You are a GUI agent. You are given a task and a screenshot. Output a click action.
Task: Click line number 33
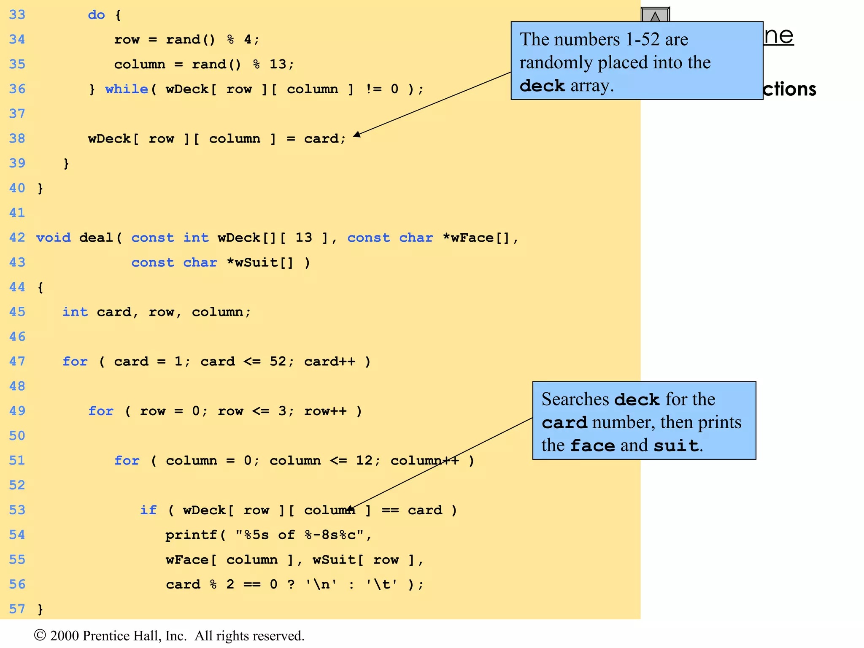pyautogui.click(x=17, y=15)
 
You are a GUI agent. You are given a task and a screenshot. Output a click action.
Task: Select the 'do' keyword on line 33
pyautogui.click(x=96, y=15)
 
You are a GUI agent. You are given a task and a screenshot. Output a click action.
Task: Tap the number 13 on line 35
pyautogui.click(x=278, y=64)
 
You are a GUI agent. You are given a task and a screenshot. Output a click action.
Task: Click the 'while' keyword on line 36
pyautogui.click(x=127, y=89)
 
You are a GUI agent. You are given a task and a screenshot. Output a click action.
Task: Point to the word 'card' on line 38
pyautogui.click(x=321, y=139)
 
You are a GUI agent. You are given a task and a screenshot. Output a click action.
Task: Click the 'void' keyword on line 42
pyautogui.click(x=53, y=238)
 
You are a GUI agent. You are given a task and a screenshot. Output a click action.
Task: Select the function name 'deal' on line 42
pyautogui.click(x=96, y=238)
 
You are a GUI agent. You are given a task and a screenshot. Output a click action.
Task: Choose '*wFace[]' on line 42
pyautogui.click(x=477, y=238)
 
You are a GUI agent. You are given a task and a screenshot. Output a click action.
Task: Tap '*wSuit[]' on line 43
pyautogui.click(x=260, y=262)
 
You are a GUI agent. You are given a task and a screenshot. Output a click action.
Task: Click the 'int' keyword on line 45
pyautogui.click(x=75, y=312)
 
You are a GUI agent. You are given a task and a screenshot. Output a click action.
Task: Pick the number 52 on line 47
pyautogui.click(x=278, y=362)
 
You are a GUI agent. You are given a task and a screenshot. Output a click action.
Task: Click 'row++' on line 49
pyautogui.click(x=325, y=411)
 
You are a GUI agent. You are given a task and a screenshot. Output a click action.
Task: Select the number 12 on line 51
pyautogui.click(x=364, y=460)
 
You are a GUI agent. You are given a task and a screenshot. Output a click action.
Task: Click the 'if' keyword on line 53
pyautogui.click(x=148, y=510)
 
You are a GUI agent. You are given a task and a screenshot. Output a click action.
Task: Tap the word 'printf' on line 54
pyautogui.click(x=191, y=535)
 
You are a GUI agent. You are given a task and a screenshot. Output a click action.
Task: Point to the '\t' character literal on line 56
pyautogui.click(x=381, y=584)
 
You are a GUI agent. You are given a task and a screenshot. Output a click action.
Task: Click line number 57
pyautogui.click(x=17, y=609)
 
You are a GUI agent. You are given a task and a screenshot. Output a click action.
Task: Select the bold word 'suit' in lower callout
pyautogui.click(x=676, y=445)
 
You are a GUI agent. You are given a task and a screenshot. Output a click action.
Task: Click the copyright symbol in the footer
pyautogui.click(x=40, y=635)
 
